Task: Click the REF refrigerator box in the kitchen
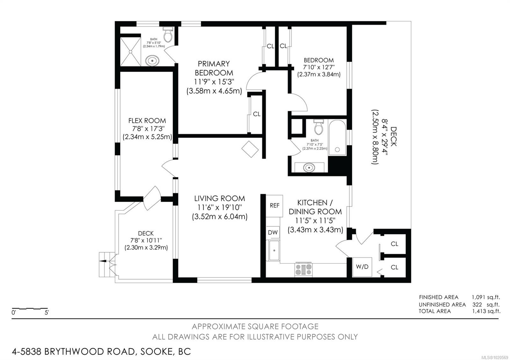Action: tap(274, 205)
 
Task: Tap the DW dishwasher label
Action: tap(273, 233)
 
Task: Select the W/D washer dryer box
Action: tap(362, 267)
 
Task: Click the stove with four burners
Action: tap(303, 270)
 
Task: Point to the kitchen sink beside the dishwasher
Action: tap(273, 250)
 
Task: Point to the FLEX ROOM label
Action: tap(147, 121)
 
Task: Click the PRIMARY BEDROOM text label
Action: tap(214, 68)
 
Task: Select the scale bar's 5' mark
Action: tap(47, 313)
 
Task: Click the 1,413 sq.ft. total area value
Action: tap(486, 311)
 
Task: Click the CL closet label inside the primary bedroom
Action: tap(257, 114)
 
